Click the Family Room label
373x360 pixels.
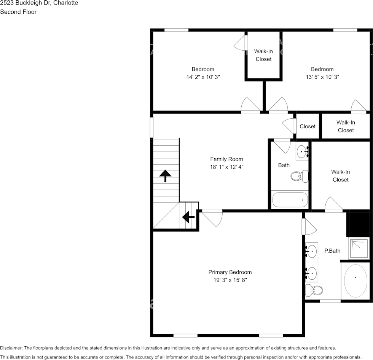(x=226, y=159)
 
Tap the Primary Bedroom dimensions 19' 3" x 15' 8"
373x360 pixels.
(x=230, y=280)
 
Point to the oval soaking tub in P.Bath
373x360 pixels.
(x=355, y=280)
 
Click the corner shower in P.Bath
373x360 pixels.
(x=359, y=248)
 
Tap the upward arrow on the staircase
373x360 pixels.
(x=165, y=176)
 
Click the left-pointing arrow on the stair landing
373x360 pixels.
(x=188, y=217)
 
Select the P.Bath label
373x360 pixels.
(x=332, y=251)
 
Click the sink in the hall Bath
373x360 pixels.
(x=303, y=151)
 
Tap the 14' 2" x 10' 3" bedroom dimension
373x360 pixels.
(x=203, y=76)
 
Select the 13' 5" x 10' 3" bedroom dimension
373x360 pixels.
(x=322, y=76)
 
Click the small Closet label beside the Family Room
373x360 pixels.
(x=308, y=126)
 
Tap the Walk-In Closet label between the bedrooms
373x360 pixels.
(x=263, y=55)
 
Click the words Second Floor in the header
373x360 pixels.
(x=18, y=12)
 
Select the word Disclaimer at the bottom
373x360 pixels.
(x=11, y=348)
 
